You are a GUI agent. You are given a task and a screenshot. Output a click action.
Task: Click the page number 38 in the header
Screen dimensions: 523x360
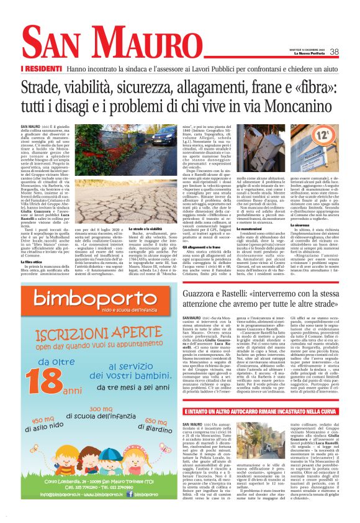pyautogui.click(x=334, y=52)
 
